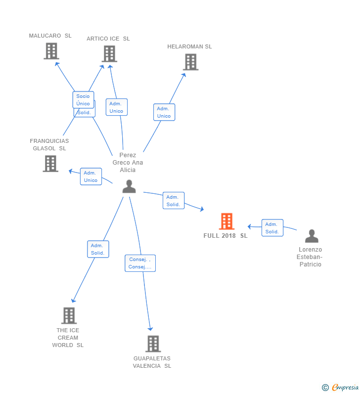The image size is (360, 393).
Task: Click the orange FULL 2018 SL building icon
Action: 226,221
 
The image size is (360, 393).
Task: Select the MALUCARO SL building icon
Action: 51,51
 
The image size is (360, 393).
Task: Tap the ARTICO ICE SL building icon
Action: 109,54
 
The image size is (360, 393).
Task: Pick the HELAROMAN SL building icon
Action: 190,62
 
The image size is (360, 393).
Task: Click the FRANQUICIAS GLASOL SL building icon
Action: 50,164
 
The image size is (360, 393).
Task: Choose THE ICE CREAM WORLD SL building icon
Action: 69,315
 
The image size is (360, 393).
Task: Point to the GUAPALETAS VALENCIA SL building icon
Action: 153,344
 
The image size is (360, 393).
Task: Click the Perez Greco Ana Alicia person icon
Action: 129,186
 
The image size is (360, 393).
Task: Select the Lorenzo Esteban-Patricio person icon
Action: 312,236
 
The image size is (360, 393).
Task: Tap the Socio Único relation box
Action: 83,100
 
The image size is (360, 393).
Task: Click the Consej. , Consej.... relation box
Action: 140,263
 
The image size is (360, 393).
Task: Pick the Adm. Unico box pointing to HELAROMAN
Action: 164,112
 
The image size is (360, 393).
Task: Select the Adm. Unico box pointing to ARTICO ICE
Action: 117,107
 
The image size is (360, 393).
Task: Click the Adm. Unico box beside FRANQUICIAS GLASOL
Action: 91,176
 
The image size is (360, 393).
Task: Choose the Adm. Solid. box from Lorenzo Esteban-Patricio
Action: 272,228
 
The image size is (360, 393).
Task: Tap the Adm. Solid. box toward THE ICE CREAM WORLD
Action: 98,249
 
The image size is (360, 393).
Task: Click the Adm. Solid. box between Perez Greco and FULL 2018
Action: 174,201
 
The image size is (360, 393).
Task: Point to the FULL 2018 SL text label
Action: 225,236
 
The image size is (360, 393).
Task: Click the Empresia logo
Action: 340,387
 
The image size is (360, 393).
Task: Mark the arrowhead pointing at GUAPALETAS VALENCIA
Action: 150,329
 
